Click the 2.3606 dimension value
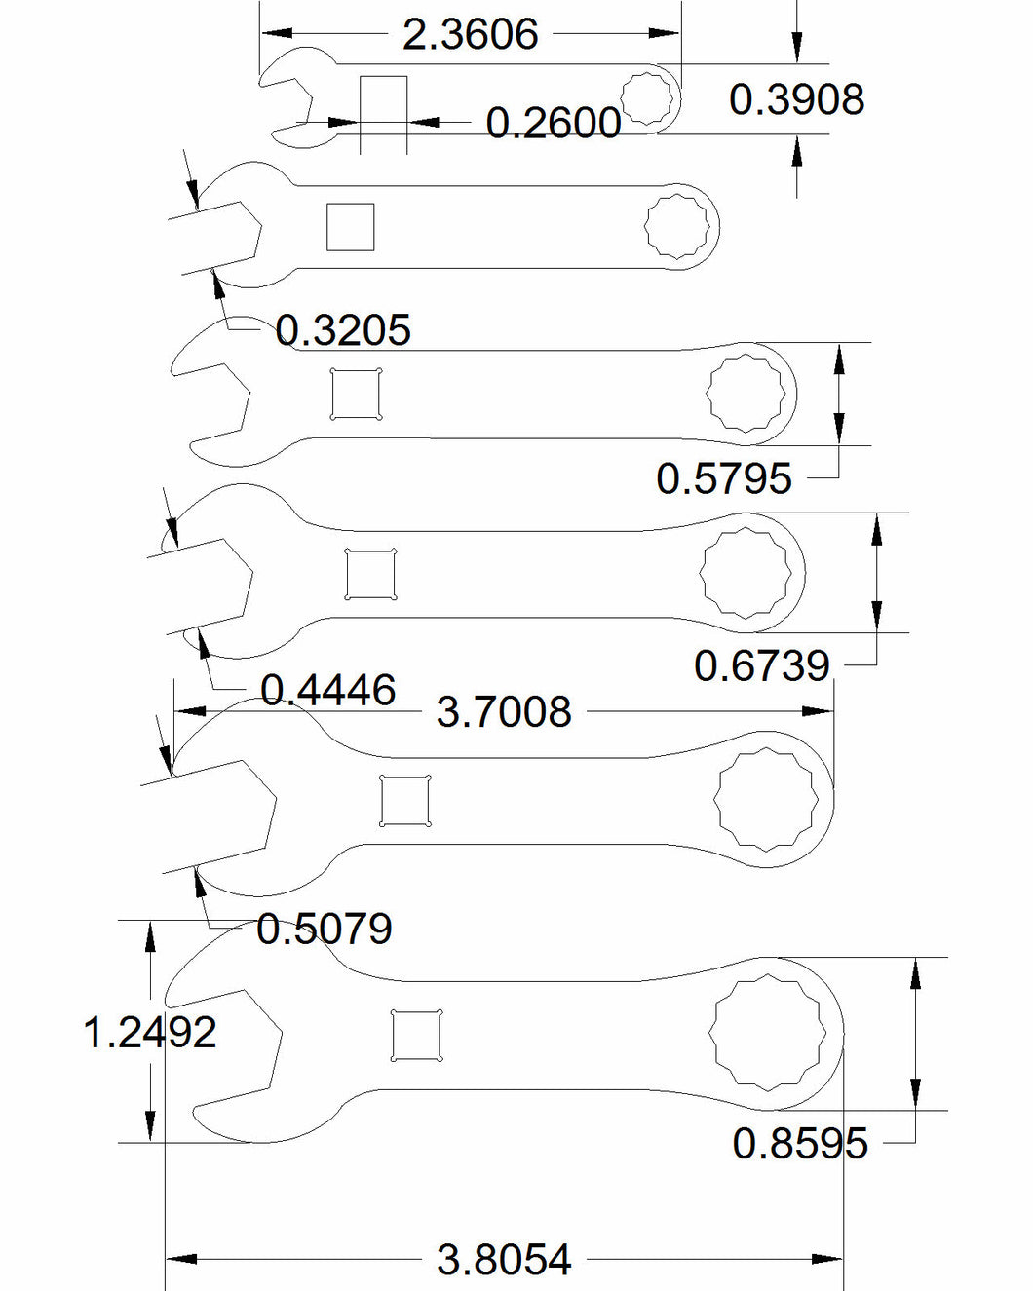[x=470, y=34]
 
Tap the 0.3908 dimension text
[x=796, y=99]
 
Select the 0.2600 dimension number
[x=554, y=124]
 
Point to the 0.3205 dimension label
[x=343, y=330]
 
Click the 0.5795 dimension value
[x=724, y=478]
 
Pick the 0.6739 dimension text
[x=762, y=665]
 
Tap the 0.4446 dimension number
[x=327, y=690]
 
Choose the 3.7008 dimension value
[x=504, y=712]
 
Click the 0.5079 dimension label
[x=325, y=929]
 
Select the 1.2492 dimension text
[x=149, y=1033]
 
